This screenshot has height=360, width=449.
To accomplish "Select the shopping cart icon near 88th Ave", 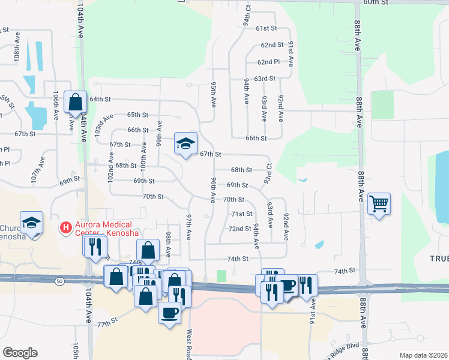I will pyautogui.click(x=379, y=204).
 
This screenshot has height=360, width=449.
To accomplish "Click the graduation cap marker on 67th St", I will pyautogui.click(x=186, y=143).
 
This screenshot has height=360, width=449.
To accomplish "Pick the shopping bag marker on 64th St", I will pyautogui.click(x=75, y=102).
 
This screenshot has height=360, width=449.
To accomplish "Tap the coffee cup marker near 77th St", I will pyautogui.click(x=169, y=312).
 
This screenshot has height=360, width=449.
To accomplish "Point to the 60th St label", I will pyautogui.click(x=376, y=2).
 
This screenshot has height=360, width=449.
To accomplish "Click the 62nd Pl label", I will pyautogui.click(x=268, y=62).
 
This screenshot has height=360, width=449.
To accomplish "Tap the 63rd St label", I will pyautogui.click(x=265, y=79).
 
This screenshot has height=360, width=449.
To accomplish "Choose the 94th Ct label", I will pyautogui.click(x=247, y=18).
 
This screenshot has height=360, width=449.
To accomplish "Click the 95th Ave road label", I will pyautogui.click(x=213, y=95).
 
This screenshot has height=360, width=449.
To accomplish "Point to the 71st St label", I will pyautogui.click(x=242, y=214).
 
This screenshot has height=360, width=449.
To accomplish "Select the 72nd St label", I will pyautogui.click(x=240, y=229).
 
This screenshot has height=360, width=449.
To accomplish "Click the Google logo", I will pyautogui.click(x=20, y=353).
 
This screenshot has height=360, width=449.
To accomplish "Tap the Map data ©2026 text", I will pyautogui.click(x=423, y=355).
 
